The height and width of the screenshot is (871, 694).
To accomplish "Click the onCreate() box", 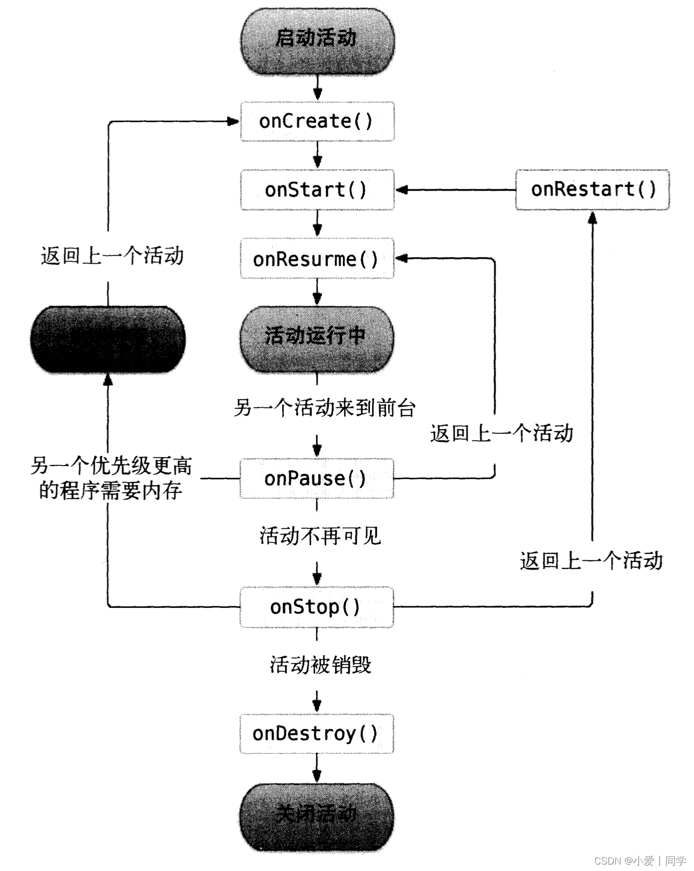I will [317, 121].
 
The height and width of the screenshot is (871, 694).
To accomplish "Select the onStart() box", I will [317, 190].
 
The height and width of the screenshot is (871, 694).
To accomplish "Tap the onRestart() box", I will [592, 190].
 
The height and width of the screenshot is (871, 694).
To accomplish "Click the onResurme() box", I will [317, 259].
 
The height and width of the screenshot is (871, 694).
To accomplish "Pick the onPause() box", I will [317, 478].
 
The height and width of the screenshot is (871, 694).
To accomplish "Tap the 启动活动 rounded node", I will [317, 39].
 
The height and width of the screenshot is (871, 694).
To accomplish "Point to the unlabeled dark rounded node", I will [108, 340].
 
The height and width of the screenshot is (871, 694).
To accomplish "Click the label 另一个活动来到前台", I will [325, 408].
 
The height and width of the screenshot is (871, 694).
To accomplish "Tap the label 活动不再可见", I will [320, 536].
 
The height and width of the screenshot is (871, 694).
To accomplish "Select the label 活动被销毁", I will [320, 665].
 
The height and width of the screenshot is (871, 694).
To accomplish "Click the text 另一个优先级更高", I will [111, 465].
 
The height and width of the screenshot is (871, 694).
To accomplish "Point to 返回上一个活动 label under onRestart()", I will [591, 561].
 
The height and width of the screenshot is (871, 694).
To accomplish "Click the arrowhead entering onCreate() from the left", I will [233, 122].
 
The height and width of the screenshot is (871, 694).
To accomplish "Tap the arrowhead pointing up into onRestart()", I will [592, 216].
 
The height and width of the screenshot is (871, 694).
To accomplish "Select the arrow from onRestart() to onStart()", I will [455, 190].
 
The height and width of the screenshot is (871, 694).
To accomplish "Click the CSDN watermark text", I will [640, 861].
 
